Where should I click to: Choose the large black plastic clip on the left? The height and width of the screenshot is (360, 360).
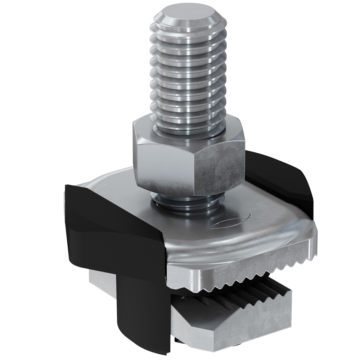(108, 230)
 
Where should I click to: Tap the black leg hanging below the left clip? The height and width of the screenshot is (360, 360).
(144, 317)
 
